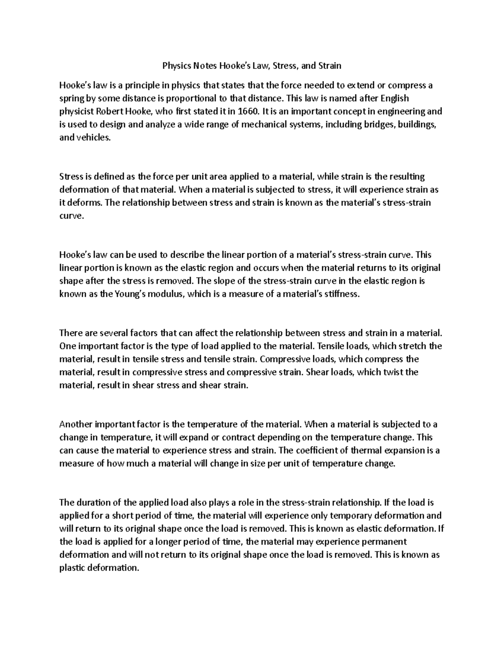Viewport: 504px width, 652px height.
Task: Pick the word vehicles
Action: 93,137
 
